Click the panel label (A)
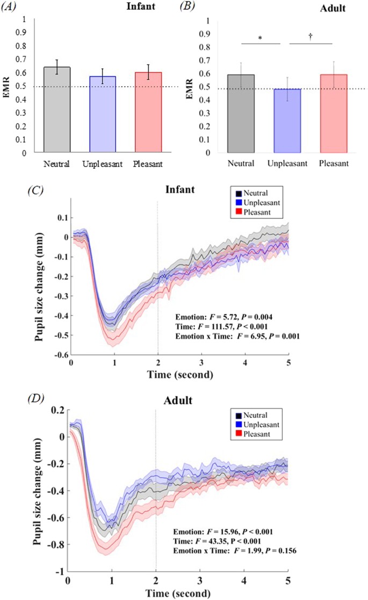[x=12, y=7]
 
